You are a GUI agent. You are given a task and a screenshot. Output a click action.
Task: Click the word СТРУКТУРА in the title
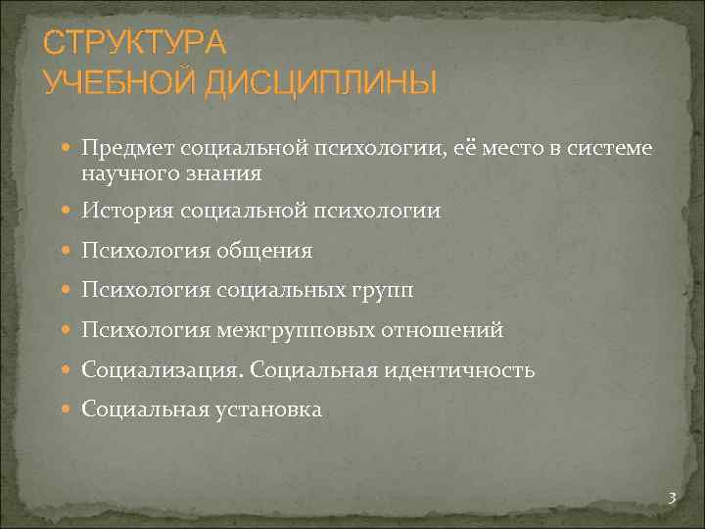tap(134, 43)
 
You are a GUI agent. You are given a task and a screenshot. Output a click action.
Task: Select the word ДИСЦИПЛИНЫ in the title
tap(320, 82)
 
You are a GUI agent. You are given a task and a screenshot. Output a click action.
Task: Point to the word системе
tap(609, 148)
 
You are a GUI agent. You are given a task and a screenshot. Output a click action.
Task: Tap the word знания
tap(227, 172)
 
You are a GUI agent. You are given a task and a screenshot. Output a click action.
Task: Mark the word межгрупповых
tap(300, 331)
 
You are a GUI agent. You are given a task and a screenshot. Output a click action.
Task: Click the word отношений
tap(449, 331)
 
